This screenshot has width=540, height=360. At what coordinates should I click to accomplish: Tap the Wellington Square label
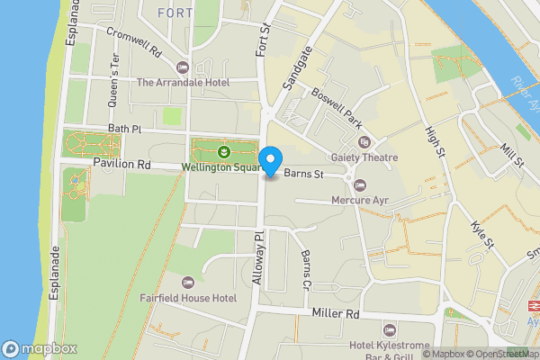[221, 166]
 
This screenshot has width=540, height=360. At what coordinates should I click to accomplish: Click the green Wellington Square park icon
[222, 151]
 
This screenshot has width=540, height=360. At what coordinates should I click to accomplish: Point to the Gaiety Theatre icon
[364, 142]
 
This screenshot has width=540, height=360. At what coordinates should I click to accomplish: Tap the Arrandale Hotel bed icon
[184, 67]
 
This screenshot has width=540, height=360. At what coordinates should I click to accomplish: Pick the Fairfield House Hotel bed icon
[187, 282]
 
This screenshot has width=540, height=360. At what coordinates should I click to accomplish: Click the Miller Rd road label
[335, 314]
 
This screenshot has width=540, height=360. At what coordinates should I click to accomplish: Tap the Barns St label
[303, 174]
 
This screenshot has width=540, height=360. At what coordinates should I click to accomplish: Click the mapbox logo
[40, 349]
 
